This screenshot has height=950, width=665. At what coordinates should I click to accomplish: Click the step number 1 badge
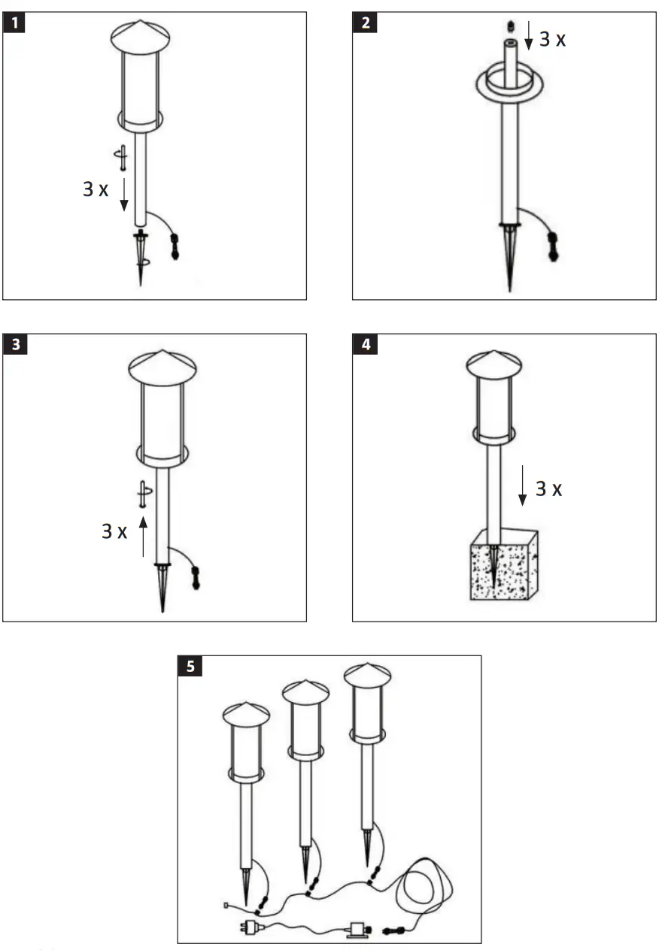tap(14, 23)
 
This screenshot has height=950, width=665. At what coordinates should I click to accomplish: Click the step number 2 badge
tap(365, 23)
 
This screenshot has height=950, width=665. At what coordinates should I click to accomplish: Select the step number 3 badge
tap(14, 345)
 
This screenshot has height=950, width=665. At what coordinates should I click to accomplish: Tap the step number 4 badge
tap(365, 345)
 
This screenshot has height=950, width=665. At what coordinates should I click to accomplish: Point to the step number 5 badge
tap(190, 666)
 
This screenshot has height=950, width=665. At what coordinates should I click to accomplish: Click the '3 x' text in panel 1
tap(96, 189)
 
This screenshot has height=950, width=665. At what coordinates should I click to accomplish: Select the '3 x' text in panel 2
tap(553, 39)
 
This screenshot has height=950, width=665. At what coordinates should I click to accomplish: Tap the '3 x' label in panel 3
tap(114, 531)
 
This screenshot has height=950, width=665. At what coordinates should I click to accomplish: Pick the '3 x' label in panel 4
tap(548, 489)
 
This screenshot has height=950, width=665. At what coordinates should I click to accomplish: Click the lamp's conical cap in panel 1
tap(140, 33)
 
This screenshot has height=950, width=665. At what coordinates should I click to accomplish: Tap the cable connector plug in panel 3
tap(196, 577)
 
